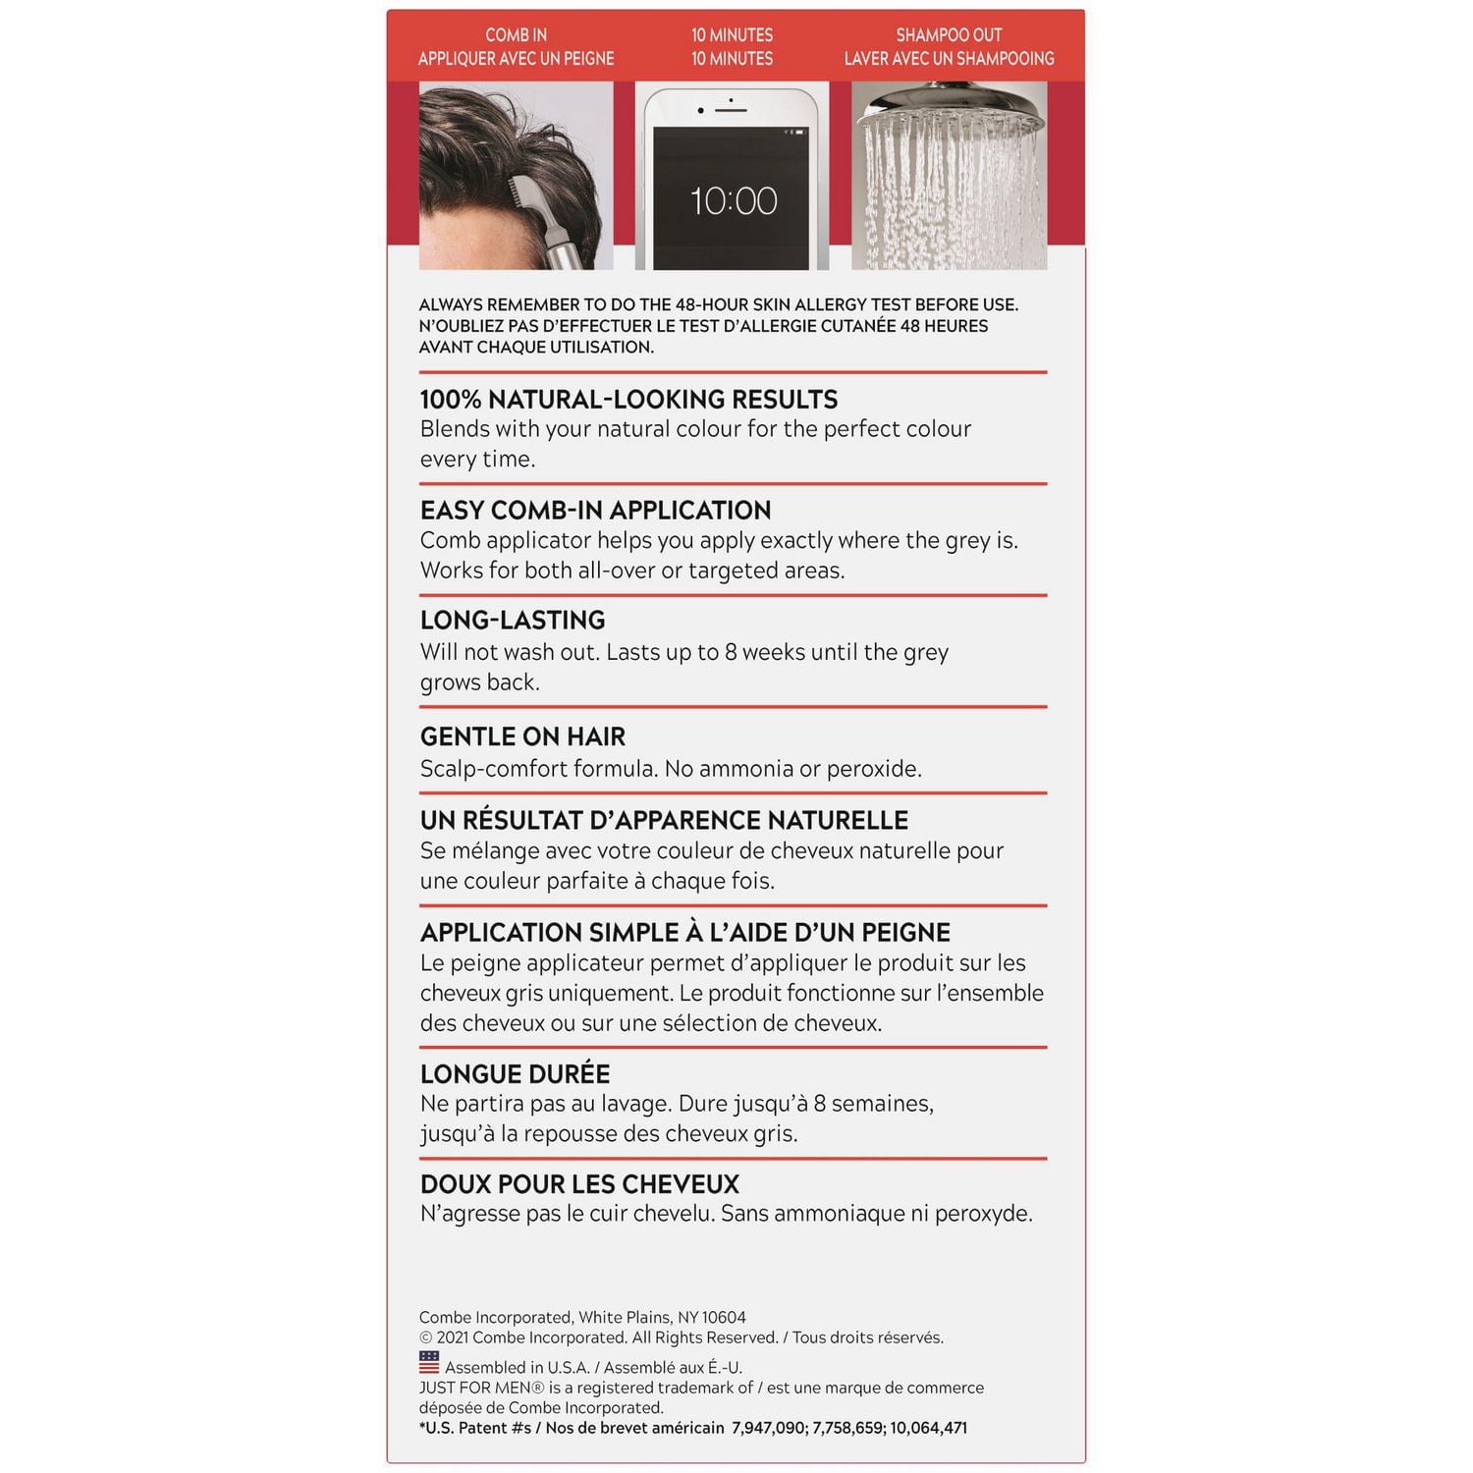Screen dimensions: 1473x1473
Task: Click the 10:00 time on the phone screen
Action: pos(734,201)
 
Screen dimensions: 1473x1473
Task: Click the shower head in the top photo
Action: pos(949,113)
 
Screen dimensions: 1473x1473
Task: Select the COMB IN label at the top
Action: pos(516,35)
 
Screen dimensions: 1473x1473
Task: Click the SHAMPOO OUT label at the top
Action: pos(949,35)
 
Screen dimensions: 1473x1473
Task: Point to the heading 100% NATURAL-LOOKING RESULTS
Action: pos(628,400)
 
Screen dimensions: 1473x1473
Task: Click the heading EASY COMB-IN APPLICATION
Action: pos(595,511)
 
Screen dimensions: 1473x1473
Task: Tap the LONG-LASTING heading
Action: pos(513,621)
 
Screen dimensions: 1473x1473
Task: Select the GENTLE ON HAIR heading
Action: pos(522,736)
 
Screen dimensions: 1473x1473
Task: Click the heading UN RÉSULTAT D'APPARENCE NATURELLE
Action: pos(664,820)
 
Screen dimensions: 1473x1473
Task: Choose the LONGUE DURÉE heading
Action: pos(515,1073)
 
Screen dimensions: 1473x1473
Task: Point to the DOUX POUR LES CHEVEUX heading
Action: pos(579,1184)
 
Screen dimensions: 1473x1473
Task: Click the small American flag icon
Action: pos(429,1363)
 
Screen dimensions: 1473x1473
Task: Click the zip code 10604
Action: pos(724,1318)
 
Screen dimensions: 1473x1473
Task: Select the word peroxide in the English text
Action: pos(874,769)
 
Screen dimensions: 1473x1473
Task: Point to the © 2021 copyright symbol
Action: pos(426,1337)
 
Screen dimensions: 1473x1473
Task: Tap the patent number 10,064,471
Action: pos(929,1428)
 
